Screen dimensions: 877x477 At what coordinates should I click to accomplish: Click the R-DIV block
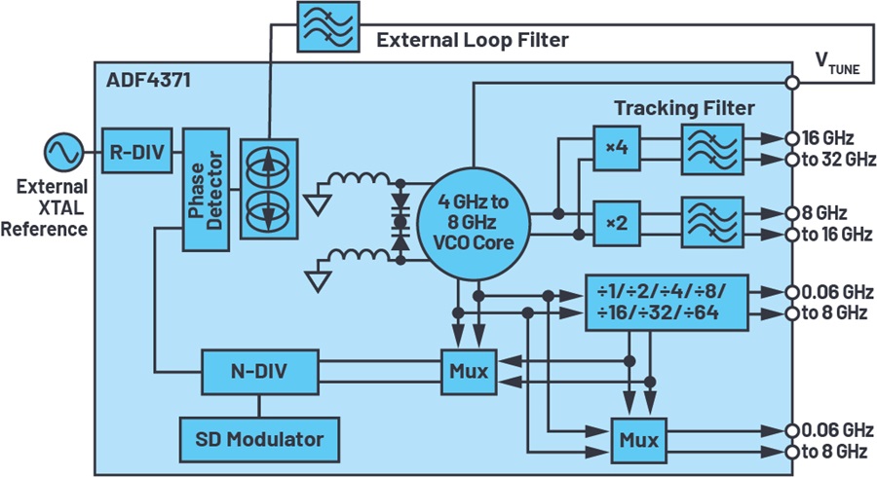137,151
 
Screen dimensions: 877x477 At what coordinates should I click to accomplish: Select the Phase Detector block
206,190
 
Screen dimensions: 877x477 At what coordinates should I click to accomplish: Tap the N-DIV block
259,372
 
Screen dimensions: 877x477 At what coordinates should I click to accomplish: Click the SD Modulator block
259,440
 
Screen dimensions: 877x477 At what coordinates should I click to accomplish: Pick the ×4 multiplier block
617,148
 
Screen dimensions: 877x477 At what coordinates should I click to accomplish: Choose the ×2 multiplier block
617,224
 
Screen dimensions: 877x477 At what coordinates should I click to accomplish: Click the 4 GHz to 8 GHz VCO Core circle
474,223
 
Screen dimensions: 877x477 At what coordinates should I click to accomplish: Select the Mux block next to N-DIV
469,372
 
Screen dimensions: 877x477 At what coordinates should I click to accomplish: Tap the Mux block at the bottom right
638,440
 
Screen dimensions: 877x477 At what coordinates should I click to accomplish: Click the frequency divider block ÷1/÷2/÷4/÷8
667,303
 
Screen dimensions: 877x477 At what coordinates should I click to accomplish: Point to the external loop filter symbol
327,26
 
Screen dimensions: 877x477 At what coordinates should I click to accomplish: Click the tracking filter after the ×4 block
712,149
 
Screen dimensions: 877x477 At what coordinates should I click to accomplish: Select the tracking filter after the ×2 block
712,222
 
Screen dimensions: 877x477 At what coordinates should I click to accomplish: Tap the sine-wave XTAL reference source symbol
63,151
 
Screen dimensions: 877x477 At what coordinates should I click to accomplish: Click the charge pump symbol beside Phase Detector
269,190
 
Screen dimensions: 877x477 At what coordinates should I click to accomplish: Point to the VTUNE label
837,63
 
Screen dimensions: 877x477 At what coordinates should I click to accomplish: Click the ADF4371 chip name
148,81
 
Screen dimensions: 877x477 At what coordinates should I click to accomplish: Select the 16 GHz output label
827,138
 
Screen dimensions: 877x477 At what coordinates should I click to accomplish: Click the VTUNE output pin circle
791,83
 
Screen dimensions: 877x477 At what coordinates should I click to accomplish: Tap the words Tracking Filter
684,108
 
